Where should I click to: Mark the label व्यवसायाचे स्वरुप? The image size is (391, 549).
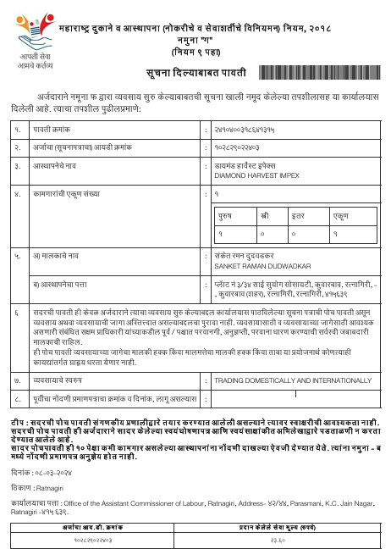(61, 381)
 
